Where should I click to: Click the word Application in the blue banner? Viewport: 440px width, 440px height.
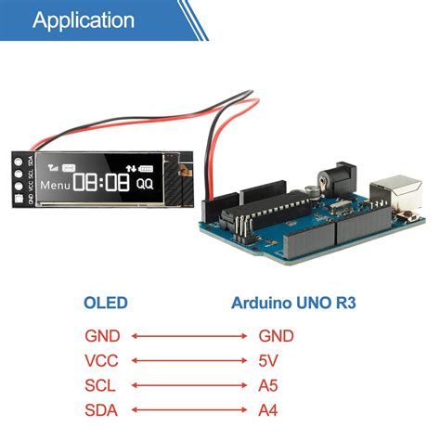click(84, 20)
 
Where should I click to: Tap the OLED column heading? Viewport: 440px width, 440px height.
click(105, 303)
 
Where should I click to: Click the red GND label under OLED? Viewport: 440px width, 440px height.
click(102, 335)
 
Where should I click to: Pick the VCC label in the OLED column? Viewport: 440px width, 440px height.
click(101, 360)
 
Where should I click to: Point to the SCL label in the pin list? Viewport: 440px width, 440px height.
click(100, 384)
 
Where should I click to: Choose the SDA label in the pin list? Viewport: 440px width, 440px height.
click(101, 409)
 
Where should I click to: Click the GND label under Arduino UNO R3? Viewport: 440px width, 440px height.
click(277, 335)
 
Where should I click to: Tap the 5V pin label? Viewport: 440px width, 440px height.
click(269, 360)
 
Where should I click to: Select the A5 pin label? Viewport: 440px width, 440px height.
click(268, 384)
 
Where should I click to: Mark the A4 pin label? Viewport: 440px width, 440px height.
click(268, 409)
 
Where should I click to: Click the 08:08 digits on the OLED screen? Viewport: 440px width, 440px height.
click(103, 183)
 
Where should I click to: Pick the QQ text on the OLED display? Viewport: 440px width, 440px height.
click(145, 184)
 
